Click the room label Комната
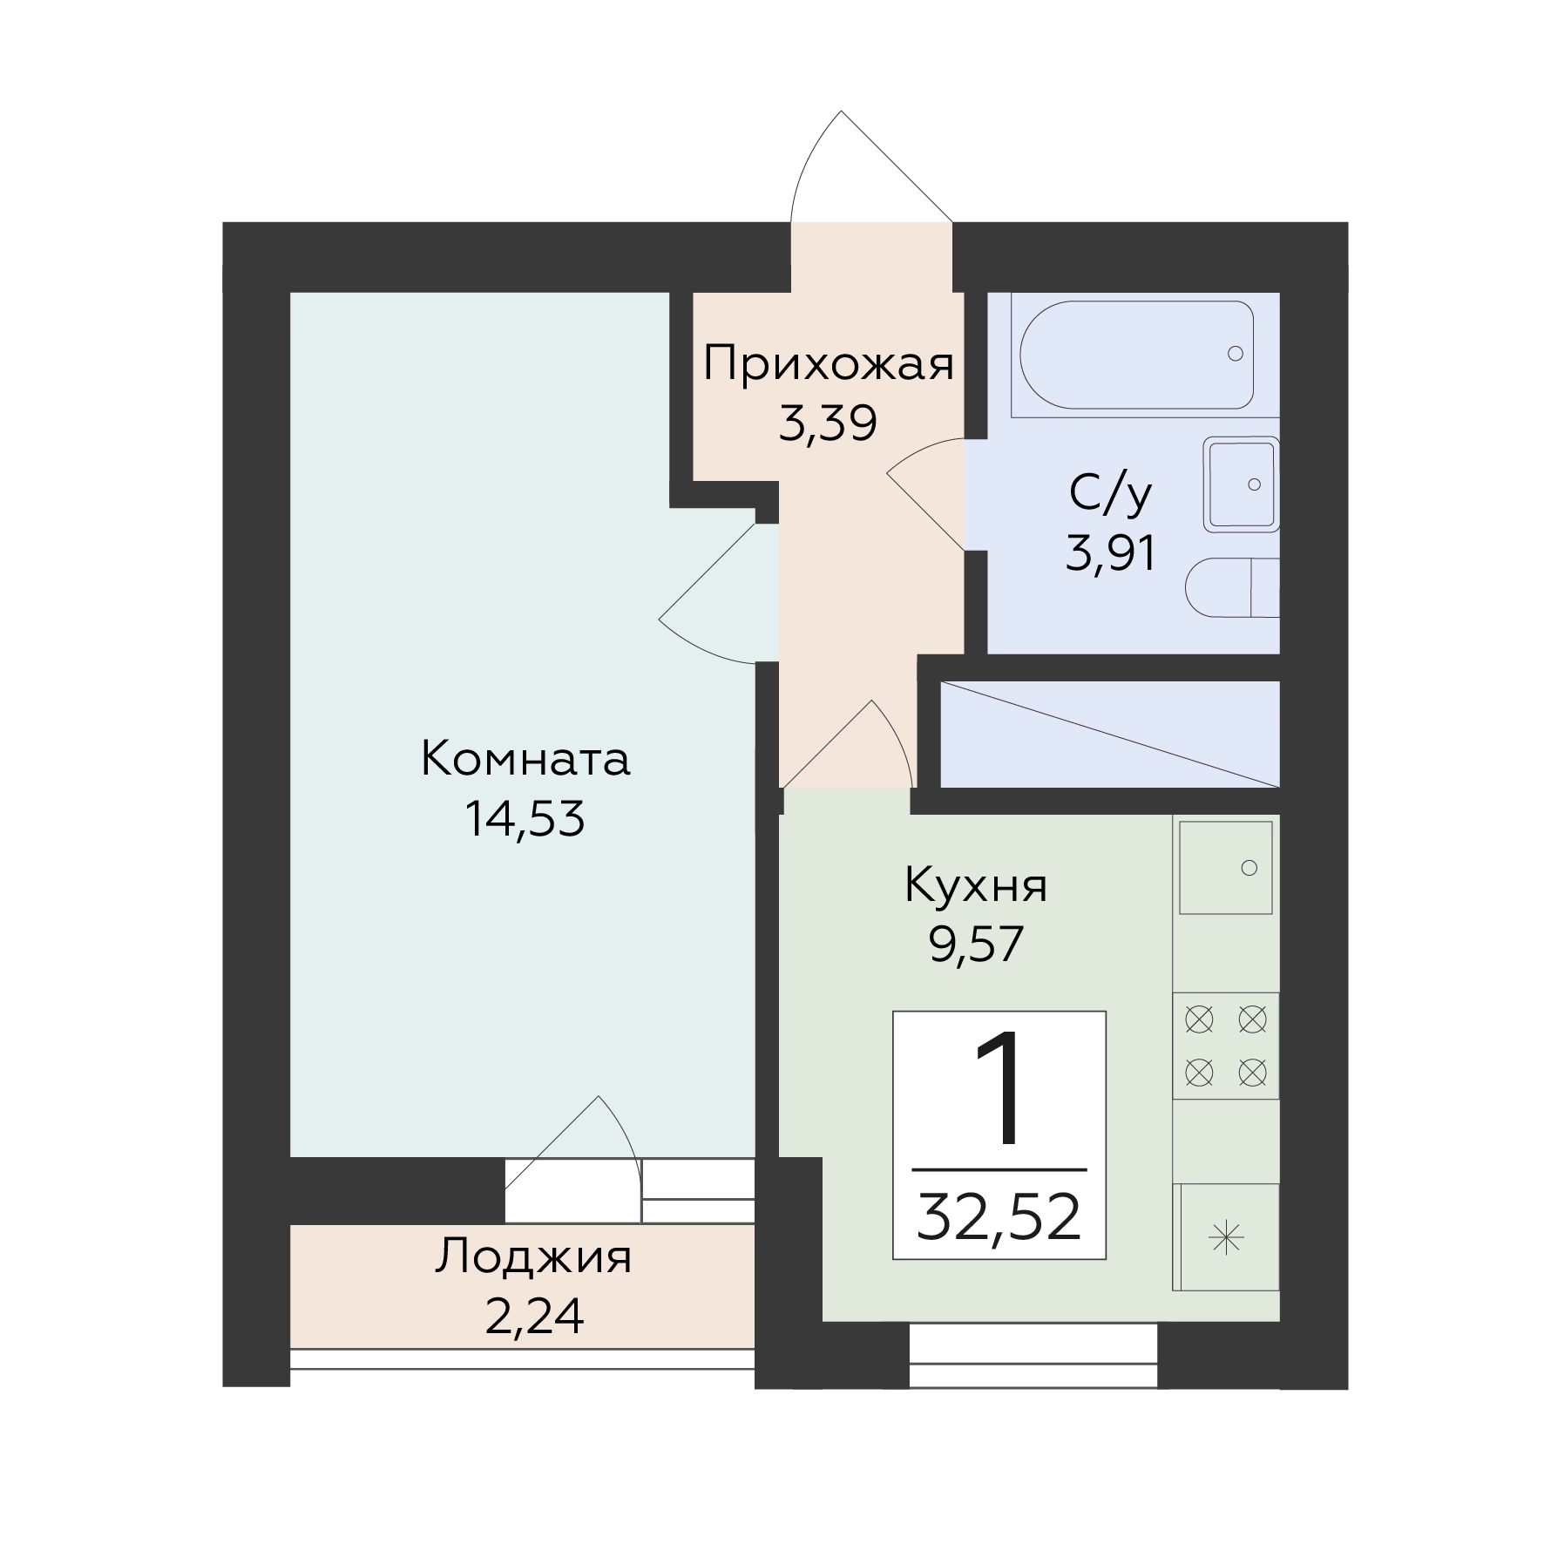[x=525, y=759]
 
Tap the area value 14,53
[x=525, y=818]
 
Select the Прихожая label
[x=829, y=364]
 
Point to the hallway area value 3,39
[x=827, y=424]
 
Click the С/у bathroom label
[x=1111, y=493]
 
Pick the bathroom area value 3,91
[x=1111, y=552]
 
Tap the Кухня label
[x=976, y=886]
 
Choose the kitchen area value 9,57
[x=976, y=945]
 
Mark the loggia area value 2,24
[x=533, y=1317]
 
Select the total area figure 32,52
[x=999, y=1217]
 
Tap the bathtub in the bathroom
[x=1137, y=355]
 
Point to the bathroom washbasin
[x=1241, y=484]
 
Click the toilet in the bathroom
[x=1232, y=588]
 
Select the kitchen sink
[x=1226, y=868]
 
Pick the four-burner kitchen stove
[x=1226, y=1046]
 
